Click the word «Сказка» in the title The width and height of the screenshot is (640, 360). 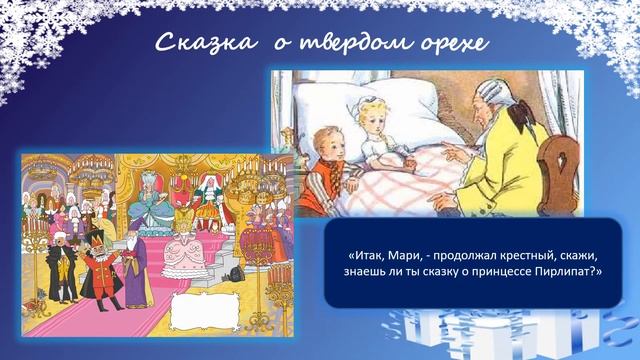192,44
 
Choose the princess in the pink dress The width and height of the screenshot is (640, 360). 189,250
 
